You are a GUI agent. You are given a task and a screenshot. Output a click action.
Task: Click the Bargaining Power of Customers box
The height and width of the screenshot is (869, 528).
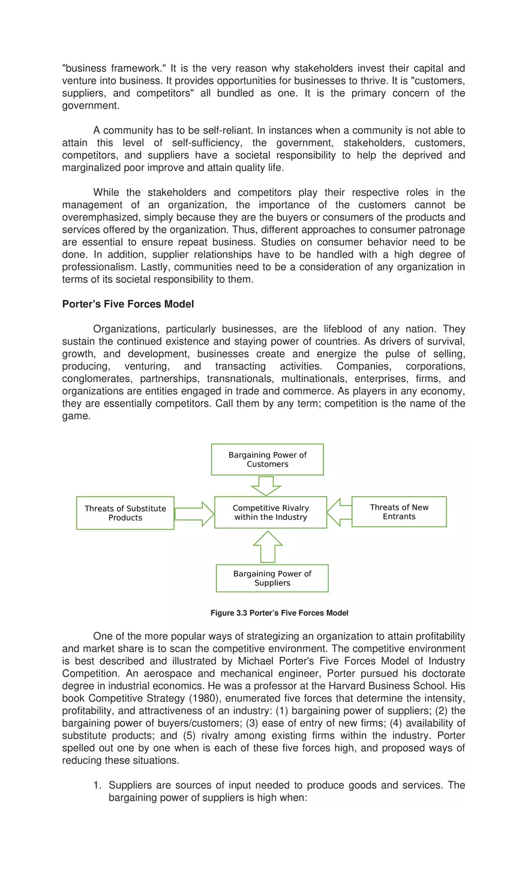point(267,459)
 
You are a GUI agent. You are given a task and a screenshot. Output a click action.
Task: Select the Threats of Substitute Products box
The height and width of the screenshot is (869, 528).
point(125,513)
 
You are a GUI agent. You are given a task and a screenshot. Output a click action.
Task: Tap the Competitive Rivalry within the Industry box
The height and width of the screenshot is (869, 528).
point(271,512)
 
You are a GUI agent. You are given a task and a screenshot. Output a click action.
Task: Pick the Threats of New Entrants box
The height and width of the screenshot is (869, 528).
point(399,512)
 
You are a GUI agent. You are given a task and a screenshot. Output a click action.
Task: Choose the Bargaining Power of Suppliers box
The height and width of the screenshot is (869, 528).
point(272,578)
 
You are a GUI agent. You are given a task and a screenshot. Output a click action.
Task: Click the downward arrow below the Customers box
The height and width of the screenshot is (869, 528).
point(265,485)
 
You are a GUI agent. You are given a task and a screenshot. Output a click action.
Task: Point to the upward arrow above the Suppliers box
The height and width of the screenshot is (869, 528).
point(268,546)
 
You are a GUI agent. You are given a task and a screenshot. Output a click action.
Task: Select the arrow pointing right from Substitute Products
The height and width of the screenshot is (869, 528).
point(194,514)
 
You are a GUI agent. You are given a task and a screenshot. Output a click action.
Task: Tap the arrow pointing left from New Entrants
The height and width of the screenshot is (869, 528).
point(339,512)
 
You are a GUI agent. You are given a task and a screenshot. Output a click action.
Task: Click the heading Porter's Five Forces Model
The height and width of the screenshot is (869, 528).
point(128,304)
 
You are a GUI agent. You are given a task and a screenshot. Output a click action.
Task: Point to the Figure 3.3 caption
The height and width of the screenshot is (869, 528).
point(279,613)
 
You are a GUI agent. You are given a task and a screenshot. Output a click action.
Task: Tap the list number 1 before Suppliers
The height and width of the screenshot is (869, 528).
point(97,785)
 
